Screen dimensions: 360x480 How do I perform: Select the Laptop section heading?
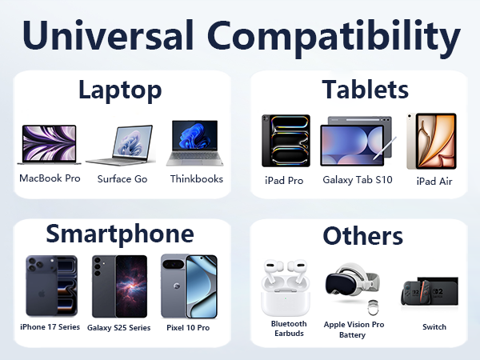pos(120,90)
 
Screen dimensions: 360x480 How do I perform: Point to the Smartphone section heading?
pos(119,234)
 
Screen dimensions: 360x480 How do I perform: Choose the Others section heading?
pos(362,236)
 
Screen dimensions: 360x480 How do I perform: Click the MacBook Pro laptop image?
pos(50,146)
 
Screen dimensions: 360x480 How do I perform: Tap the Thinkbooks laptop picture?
pos(195,145)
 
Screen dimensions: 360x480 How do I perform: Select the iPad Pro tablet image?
pos(285,141)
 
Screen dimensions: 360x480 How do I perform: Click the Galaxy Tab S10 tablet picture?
pos(357,145)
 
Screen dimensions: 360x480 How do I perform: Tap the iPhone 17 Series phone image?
pos(50,286)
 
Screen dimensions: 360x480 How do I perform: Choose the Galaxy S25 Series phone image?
pos(119,286)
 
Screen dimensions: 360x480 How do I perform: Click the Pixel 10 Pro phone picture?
pos(188,286)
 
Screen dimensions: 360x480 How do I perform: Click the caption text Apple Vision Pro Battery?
pos(354,329)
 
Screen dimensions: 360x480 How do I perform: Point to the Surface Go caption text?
pos(122,179)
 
